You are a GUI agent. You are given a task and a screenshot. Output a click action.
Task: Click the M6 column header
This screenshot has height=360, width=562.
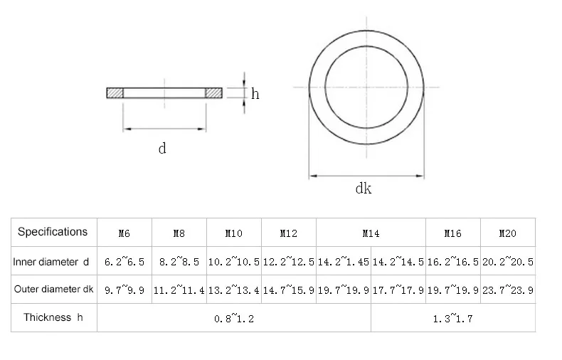pos(124,234)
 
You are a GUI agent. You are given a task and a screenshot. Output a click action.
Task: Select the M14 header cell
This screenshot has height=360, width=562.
pos(371,234)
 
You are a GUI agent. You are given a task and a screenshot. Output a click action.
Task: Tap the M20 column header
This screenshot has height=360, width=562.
pos(507,234)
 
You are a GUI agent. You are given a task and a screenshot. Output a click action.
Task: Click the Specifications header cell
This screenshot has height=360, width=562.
pos(53,232)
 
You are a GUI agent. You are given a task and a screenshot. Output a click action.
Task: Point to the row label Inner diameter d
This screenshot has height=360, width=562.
pos(51,262)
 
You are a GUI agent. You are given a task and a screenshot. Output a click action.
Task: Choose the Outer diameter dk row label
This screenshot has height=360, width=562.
pos(54,289)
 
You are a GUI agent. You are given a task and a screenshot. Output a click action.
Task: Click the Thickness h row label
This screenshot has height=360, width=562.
pos(53,317)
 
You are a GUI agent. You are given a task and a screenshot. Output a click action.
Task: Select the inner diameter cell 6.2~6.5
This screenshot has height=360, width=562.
pos(124,261)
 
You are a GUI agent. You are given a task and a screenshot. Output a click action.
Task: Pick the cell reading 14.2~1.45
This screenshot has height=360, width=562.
pos(344,261)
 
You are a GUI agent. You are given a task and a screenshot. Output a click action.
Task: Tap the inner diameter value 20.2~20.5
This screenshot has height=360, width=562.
pos(508,261)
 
